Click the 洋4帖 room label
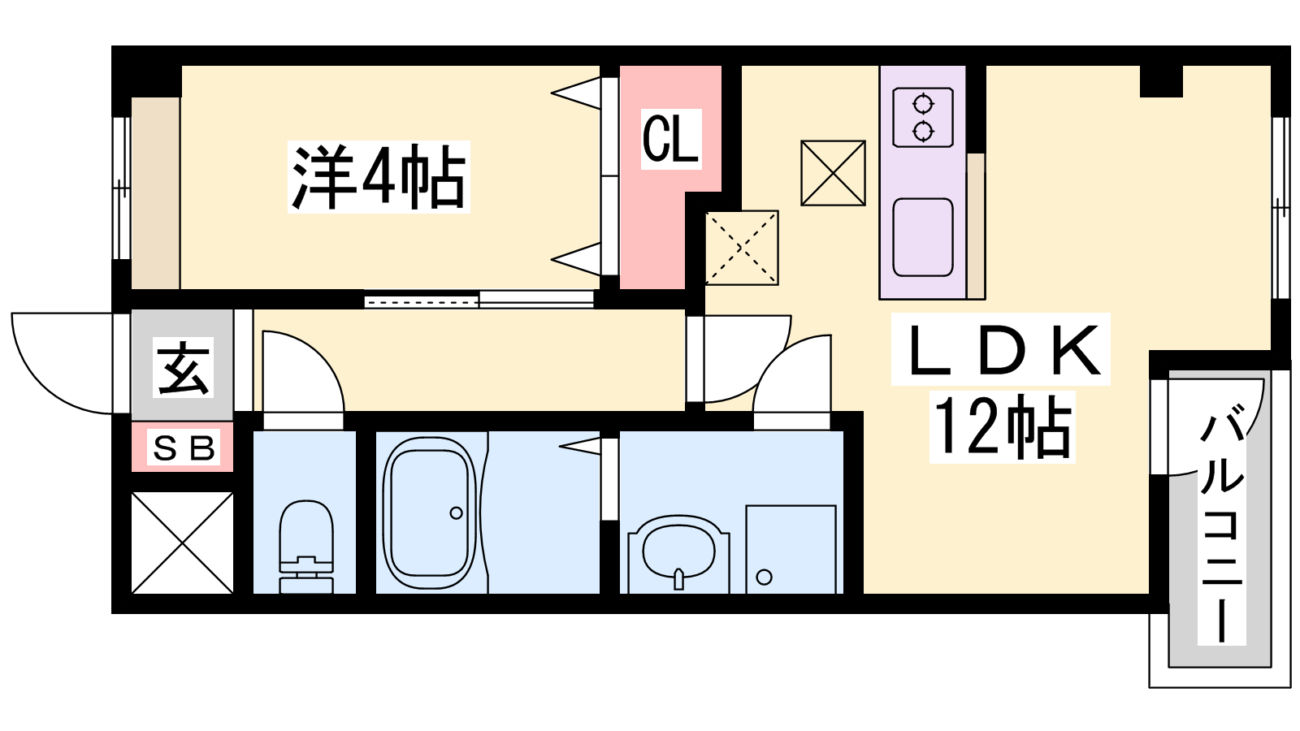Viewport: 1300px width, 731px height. [379, 176]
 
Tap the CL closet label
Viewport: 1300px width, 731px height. [671, 139]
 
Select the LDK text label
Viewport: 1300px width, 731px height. [1000, 350]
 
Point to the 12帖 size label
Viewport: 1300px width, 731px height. [1003, 427]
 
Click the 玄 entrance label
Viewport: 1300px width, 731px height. [183, 367]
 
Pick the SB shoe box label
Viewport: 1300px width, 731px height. [184, 448]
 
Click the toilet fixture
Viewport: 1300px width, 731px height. [306, 547]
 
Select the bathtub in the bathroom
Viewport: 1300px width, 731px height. [430, 513]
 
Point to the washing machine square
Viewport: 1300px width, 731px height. [791, 549]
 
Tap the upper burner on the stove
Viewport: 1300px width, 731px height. [923, 105]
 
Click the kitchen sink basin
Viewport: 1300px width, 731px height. [923, 237]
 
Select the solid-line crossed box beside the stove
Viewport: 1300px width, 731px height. [833, 173]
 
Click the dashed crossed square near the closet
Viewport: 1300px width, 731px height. [742, 248]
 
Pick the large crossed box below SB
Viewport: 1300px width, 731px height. [182, 543]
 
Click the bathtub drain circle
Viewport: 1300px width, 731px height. [456, 513]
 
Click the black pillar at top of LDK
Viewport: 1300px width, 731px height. [1161, 81]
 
